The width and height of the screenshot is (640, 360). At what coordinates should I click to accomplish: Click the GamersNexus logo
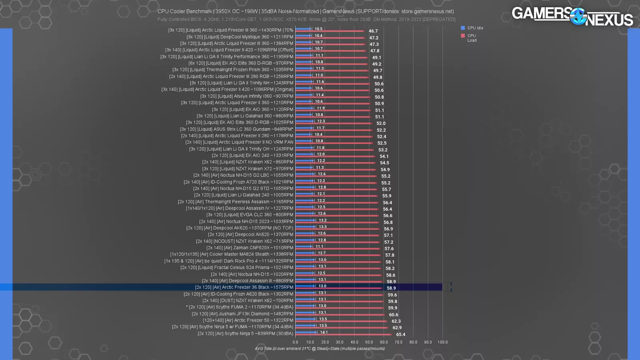click(572, 16)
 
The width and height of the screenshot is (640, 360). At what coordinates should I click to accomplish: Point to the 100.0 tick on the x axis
click(442, 342)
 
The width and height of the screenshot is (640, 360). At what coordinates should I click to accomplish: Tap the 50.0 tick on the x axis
click(369, 342)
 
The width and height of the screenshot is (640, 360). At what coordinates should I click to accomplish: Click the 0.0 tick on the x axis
click(295, 342)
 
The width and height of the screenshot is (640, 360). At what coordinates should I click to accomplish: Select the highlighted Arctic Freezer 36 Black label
click(244, 287)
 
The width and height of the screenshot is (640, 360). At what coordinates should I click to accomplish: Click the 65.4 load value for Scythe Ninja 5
click(400, 334)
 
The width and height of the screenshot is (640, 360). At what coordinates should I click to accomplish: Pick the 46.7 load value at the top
click(373, 31)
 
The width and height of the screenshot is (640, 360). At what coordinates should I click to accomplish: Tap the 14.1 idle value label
click(324, 332)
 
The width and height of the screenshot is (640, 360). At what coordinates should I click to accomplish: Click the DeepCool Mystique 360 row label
click(240, 37)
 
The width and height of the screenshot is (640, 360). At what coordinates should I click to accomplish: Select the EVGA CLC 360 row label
click(250, 215)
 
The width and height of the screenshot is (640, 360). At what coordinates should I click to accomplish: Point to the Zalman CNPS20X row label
click(250, 248)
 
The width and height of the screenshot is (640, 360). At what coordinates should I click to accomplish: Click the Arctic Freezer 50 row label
click(248, 320)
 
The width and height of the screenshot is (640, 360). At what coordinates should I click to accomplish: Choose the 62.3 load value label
click(396, 321)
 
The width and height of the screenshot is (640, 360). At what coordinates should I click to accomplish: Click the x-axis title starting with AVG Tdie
click(320, 348)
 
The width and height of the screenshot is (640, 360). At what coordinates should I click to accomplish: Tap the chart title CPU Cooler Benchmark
click(306, 12)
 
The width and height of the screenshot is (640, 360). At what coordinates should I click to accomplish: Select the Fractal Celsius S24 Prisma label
click(236, 268)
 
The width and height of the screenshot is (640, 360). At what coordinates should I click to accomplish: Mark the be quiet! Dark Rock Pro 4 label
click(228, 261)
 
